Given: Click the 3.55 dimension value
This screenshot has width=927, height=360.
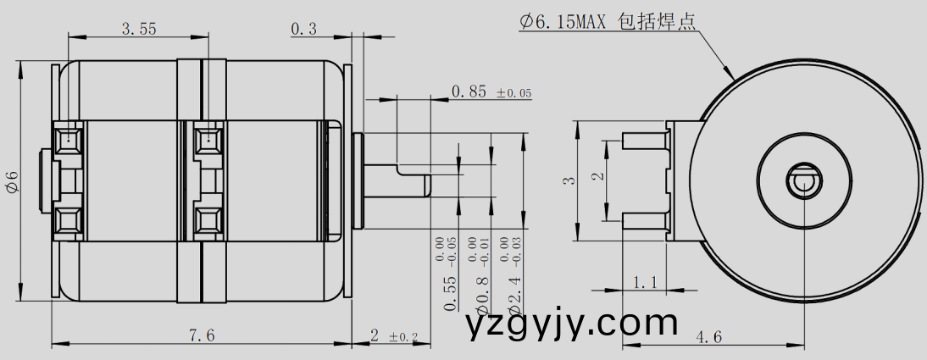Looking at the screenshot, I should pyautogui.click(x=138, y=29).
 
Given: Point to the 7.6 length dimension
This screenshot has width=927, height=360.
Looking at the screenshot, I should pyautogui.click(x=202, y=336).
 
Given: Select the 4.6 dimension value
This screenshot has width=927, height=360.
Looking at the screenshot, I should pyautogui.click(x=708, y=336).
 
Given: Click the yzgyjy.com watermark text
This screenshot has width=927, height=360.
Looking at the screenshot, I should pyautogui.click(x=573, y=324).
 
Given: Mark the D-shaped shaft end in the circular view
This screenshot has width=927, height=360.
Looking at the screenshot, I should pyautogui.click(x=802, y=180).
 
